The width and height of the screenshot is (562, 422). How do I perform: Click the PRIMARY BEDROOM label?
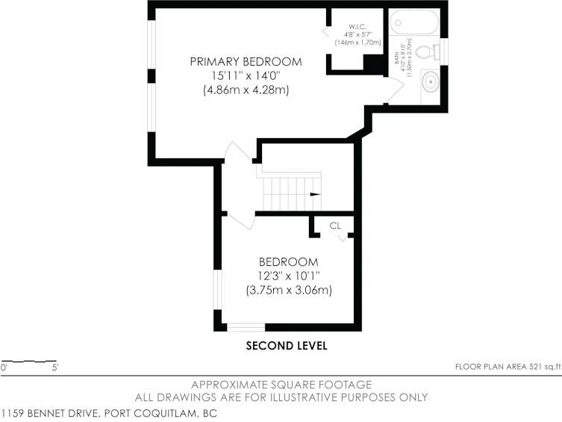(x=246, y=62)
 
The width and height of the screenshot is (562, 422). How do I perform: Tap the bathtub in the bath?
(x=414, y=22)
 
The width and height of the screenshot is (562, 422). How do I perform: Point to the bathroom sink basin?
(x=430, y=82)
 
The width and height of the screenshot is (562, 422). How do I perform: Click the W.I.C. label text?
(x=358, y=27)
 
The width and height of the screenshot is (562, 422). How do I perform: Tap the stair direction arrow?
(x=315, y=194)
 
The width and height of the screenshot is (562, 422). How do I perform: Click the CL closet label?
(x=335, y=226)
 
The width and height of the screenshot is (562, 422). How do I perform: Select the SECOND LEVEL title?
(x=287, y=346)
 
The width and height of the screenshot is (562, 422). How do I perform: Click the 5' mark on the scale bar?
(x=54, y=367)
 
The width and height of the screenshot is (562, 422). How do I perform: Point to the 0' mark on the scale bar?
(x=4, y=367)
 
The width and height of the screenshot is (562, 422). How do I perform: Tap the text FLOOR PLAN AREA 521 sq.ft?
(x=508, y=367)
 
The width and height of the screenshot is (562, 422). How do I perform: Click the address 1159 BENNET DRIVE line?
(x=109, y=413)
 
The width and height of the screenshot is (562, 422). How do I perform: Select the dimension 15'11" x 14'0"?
(x=246, y=75)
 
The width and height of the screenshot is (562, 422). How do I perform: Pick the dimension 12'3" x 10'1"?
(x=289, y=276)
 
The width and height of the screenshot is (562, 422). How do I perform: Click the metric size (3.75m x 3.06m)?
(x=289, y=290)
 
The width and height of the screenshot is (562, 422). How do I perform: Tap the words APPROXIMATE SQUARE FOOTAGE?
(x=281, y=385)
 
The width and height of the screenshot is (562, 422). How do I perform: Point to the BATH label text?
(x=397, y=58)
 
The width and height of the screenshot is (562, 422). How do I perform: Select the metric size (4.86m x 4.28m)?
(x=246, y=90)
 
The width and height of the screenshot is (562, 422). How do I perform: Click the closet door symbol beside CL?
(x=343, y=238)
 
